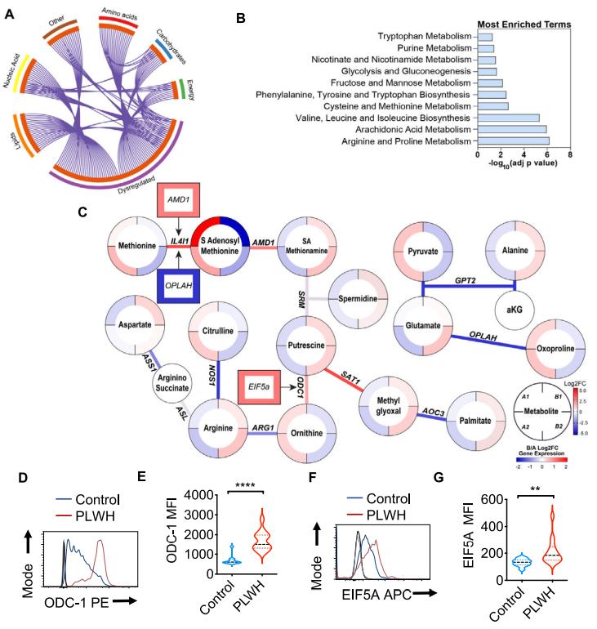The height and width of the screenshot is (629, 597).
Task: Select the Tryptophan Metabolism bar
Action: pos(484,37)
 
